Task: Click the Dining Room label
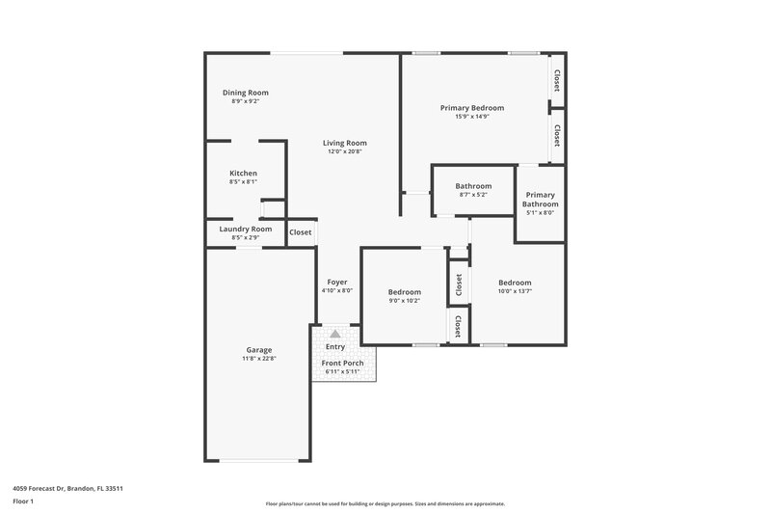pos(246,93)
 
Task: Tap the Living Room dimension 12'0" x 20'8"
pos(344,151)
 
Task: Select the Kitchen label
pos(243,174)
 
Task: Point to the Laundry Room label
pos(246,229)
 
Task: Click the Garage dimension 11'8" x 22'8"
pos(258,359)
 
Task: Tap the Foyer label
pos(337,282)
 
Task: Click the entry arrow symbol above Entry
pos(335,333)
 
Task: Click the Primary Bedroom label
pos(472,108)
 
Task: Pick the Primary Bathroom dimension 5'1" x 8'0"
pos(540,213)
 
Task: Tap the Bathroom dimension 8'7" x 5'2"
pos(473,195)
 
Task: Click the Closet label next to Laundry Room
pos(301,232)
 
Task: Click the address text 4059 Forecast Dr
pos(68,488)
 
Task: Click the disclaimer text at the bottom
pos(385,503)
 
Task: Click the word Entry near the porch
pos(335,347)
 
